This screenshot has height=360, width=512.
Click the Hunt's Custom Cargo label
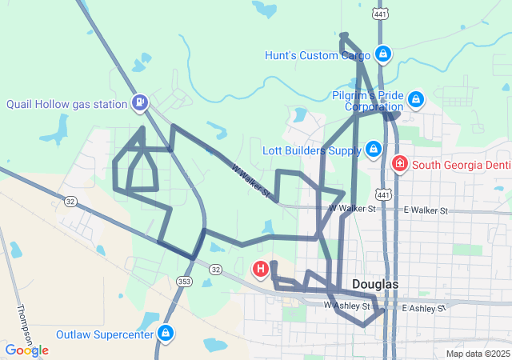(318, 55)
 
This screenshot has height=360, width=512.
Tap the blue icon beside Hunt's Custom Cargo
(383, 54)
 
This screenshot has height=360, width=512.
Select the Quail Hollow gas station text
(66, 104)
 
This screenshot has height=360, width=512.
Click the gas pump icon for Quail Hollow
(141, 102)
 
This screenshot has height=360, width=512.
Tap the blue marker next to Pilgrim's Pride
(415, 99)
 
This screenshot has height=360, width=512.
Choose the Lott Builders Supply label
(312, 150)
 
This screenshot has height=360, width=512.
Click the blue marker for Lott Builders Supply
(373, 148)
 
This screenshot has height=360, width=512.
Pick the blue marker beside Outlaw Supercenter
(166, 332)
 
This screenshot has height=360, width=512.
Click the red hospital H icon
(261, 270)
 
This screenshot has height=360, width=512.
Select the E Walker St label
(425, 210)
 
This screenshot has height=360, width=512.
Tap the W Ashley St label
(347, 306)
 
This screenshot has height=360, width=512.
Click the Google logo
(26, 350)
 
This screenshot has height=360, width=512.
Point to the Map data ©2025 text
(477, 354)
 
